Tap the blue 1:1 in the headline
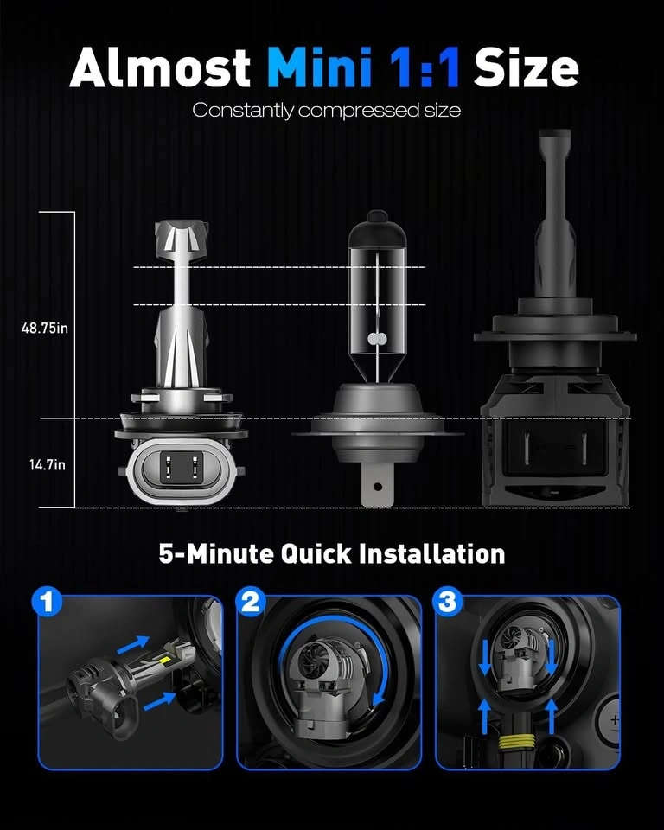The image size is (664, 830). (x=425, y=67)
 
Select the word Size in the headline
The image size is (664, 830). (x=526, y=67)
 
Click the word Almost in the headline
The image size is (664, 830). (x=160, y=67)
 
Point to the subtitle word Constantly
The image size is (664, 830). (x=243, y=111)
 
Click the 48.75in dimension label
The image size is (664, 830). (x=44, y=329)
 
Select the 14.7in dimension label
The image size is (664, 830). (x=48, y=465)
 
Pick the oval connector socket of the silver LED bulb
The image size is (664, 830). (x=181, y=469)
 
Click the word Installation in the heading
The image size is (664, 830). (x=431, y=553)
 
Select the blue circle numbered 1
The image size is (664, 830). (x=48, y=602)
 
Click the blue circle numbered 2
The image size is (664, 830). (x=250, y=602)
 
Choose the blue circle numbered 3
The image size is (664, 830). (x=448, y=602)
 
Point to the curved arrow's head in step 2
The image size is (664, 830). (x=377, y=699)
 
